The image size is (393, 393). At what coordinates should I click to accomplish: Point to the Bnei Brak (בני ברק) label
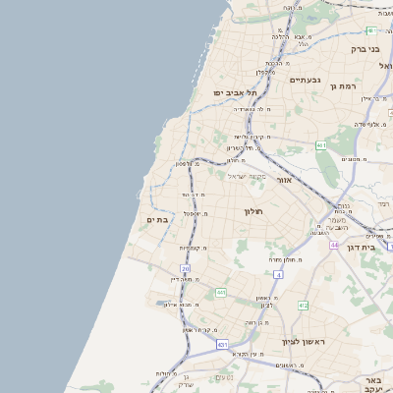coord(365,47)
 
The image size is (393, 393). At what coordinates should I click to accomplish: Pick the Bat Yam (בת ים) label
coord(157,220)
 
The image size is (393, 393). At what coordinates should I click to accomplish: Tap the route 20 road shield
coord(185,267)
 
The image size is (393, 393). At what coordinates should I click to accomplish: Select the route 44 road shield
coord(334,245)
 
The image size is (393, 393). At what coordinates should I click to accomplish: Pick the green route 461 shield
coord(321,145)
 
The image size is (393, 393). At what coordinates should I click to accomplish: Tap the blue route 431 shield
coord(223,345)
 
